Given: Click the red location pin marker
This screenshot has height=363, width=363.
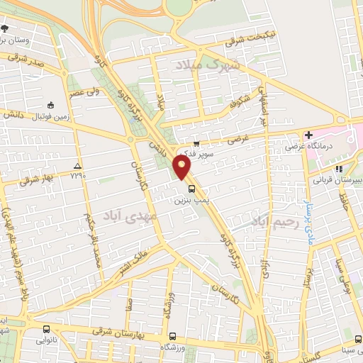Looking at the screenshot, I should (x=182, y=167).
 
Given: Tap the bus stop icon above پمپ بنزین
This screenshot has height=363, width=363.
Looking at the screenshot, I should (x=191, y=188).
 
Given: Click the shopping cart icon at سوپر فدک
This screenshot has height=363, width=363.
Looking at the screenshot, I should (x=186, y=143).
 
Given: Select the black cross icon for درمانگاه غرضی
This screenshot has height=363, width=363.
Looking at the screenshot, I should (x=308, y=135).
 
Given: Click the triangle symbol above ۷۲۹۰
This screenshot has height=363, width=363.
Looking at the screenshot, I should (x=77, y=167).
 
